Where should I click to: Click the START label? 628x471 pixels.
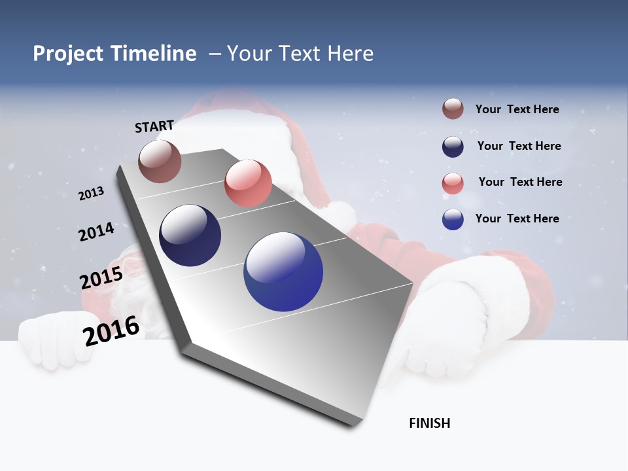[x=154, y=126]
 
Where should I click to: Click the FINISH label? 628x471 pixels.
[x=429, y=423]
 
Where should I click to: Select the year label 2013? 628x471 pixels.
[x=92, y=193]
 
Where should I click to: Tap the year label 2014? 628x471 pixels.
[x=97, y=232]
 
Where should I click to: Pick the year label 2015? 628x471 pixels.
[x=101, y=278]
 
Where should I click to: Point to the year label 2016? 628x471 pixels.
[x=111, y=330]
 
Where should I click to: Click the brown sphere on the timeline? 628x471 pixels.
[x=160, y=161]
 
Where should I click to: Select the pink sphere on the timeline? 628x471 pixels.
[x=248, y=183]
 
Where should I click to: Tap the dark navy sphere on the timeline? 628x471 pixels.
[x=190, y=235]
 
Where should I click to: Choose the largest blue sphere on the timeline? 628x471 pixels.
[x=283, y=271]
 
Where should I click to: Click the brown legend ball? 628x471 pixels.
[x=453, y=109]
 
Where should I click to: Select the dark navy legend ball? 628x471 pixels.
[x=453, y=147]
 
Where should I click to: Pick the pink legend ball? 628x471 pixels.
[x=453, y=183]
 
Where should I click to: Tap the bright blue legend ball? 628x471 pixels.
[x=453, y=219]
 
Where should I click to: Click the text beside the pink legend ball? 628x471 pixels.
[x=520, y=182]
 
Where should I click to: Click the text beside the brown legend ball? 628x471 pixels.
[x=517, y=109]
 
